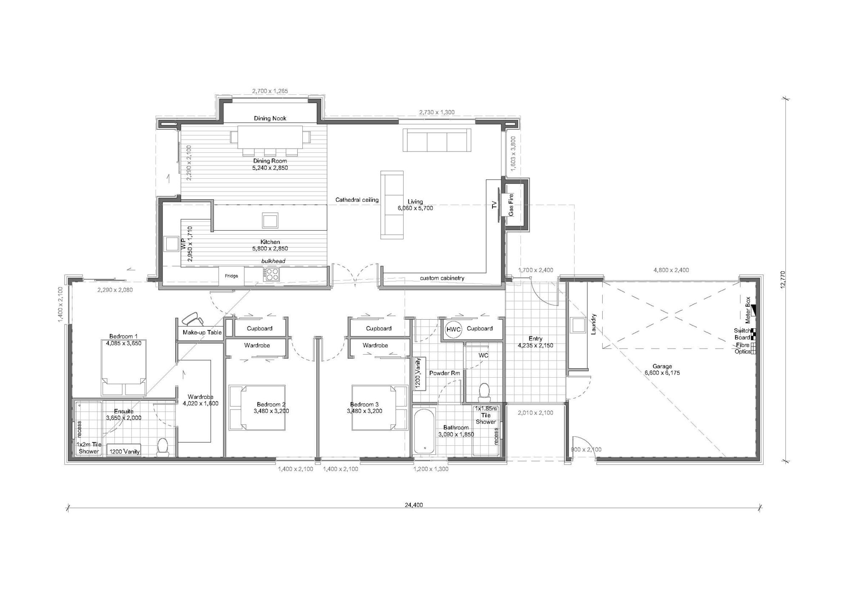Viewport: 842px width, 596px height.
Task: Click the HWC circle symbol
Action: pyautogui.click(x=453, y=329)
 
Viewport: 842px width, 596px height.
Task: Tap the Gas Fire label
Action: pyautogui.click(x=511, y=204)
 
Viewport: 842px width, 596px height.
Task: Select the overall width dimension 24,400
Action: pyautogui.click(x=414, y=505)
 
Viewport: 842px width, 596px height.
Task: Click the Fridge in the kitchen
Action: pyautogui.click(x=231, y=276)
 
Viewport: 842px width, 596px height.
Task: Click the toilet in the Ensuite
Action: pyautogui.click(x=162, y=447)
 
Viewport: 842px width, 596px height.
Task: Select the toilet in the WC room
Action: pyautogui.click(x=484, y=392)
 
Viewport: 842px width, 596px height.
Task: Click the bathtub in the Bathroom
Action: pyautogui.click(x=424, y=430)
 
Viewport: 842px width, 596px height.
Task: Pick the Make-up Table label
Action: pyautogui.click(x=202, y=332)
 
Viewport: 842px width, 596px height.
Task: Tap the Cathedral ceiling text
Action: pyautogui.click(x=357, y=200)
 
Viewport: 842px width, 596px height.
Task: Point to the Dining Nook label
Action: pyautogui.click(x=270, y=118)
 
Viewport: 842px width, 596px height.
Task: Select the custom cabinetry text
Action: pyautogui.click(x=442, y=278)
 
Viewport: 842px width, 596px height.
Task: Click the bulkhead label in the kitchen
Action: pyautogui.click(x=273, y=261)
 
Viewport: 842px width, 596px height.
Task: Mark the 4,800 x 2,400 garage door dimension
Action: pyautogui.click(x=671, y=270)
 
